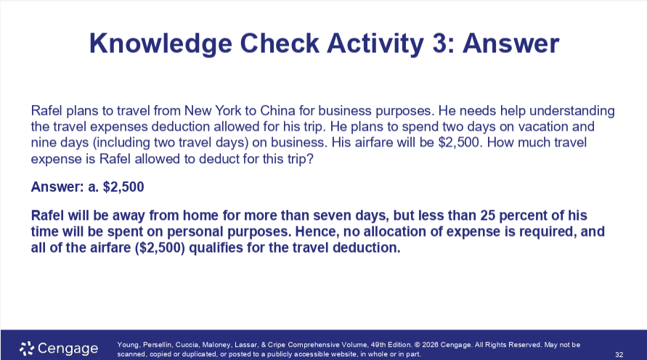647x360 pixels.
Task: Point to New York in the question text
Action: [x=211, y=111]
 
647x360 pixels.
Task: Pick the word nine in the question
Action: [x=44, y=143]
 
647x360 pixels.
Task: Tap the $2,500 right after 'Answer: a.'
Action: [x=123, y=187]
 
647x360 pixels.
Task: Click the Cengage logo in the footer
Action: [x=59, y=348]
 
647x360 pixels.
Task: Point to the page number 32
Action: [x=619, y=354]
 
